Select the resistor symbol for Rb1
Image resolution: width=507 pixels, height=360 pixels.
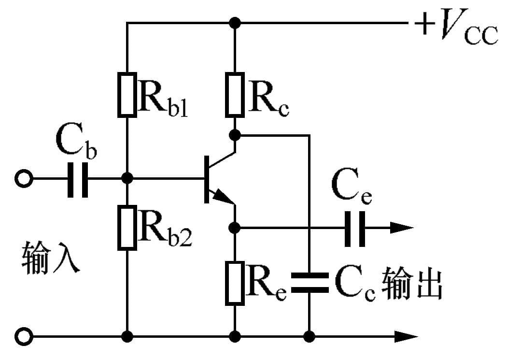coord(127,95)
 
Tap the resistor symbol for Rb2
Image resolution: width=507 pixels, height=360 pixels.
coord(127,228)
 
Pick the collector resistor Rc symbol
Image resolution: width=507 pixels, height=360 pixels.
coord(235,95)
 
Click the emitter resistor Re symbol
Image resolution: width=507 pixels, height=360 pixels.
coord(235,283)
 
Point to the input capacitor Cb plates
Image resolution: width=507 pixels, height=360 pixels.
coord(78,179)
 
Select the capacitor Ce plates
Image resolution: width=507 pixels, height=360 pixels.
coord(355,227)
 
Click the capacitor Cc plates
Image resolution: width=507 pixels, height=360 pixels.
coord(309,283)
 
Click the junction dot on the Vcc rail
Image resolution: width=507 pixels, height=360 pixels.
coord(235,22)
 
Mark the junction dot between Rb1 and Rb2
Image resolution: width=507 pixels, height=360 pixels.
coord(127,178)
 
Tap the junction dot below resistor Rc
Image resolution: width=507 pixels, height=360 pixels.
coord(235,133)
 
